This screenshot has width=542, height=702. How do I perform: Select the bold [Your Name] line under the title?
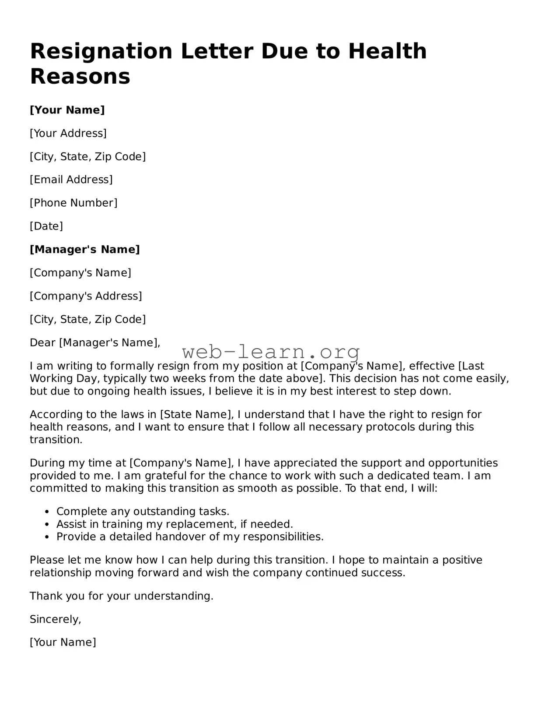pyautogui.click(x=67, y=110)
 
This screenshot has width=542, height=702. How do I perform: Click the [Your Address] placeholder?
pyautogui.click(x=68, y=133)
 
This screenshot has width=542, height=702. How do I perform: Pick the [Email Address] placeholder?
pyautogui.click(x=71, y=180)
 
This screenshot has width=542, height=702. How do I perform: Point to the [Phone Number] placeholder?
pyautogui.click(x=73, y=203)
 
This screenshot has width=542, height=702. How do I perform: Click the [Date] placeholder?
pyautogui.click(x=46, y=226)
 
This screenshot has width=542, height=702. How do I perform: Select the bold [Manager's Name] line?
pyautogui.click(x=84, y=250)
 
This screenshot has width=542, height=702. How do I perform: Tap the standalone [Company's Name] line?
pyautogui.click(x=80, y=273)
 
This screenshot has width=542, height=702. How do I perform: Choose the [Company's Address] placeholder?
pyautogui.click(x=86, y=296)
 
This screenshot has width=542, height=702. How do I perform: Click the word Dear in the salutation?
pyautogui.click(x=42, y=342)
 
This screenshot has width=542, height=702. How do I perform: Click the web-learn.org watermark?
pyautogui.click(x=271, y=352)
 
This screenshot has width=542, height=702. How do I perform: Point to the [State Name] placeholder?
pyautogui.click(x=196, y=414)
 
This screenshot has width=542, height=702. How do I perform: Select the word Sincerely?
pyautogui.click(x=55, y=619)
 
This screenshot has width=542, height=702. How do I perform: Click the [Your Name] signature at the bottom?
pyautogui.click(x=63, y=642)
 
